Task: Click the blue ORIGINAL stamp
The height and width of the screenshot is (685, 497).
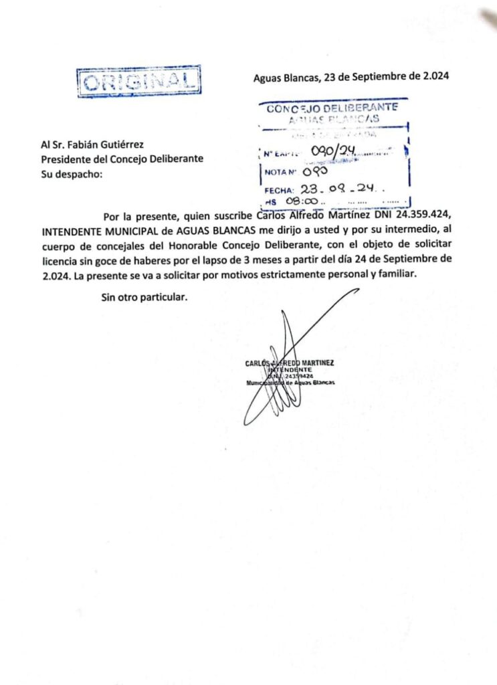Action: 140,82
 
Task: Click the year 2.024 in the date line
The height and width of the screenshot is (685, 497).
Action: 435,76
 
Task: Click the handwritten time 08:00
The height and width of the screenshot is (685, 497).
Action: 301,201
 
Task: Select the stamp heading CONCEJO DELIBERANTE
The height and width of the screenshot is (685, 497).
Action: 332,108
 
